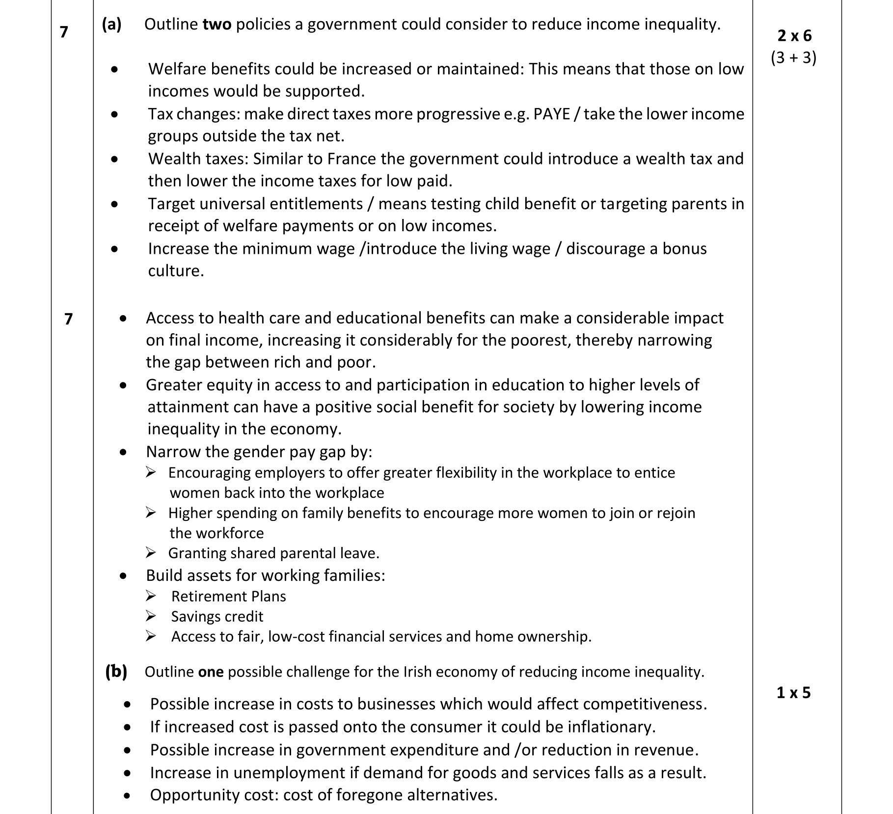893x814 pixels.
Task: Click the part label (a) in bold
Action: pyautogui.click(x=111, y=24)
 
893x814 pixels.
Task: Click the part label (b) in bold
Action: pyautogui.click(x=116, y=671)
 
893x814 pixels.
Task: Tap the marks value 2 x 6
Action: pyautogui.click(x=794, y=35)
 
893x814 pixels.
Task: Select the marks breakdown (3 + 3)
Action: pyautogui.click(x=793, y=58)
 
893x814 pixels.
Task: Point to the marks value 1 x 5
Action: pyautogui.click(x=793, y=692)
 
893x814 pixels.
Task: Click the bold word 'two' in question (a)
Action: pyautogui.click(x=217, y=24)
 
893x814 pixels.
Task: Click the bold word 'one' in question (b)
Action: pyautogui.click(x=211, y=672)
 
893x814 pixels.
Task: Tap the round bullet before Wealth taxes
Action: pyautogui.click(x=114, y=159)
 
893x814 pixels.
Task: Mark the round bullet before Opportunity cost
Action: pyautogui.click(x=128, y=795)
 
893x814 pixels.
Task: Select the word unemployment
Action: pyautogui.click(x=289, y=772)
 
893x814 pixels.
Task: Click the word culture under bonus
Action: pyautogui.click(x=175, y=271)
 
